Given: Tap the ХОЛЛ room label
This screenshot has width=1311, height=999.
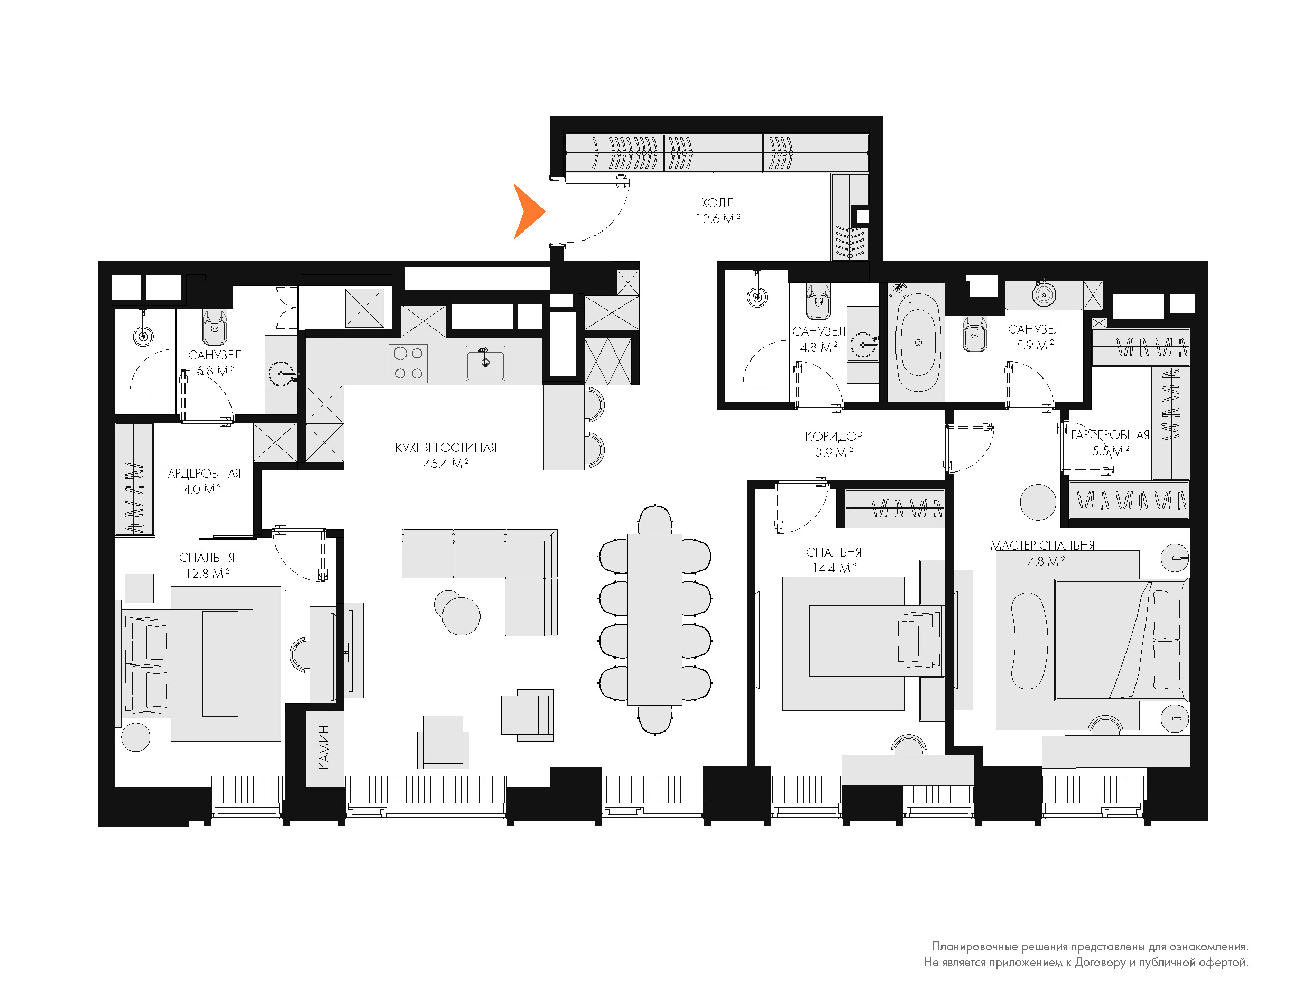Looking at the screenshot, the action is [x=718, y=203].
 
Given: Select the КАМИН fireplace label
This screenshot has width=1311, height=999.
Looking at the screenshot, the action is [x=324, y=747].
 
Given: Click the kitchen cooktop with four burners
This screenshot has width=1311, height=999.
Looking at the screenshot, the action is [x=408, y=363].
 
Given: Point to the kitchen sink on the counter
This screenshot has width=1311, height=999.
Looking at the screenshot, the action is [x=485, y=363].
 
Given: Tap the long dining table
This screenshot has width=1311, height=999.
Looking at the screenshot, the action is [x=654, y=619].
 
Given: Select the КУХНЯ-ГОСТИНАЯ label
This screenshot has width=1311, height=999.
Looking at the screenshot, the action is [x=446, y=448].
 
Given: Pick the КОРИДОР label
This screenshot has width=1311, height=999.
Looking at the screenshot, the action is [x=834, y=437].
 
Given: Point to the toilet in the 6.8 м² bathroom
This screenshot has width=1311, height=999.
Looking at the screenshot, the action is [x=215, y=327].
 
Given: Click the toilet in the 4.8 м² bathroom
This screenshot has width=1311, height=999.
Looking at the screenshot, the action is [x=818, y=301].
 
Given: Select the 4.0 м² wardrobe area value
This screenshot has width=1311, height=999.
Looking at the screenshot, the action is [x=202, y=489].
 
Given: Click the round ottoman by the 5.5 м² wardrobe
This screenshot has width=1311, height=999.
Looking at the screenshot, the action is [x=1038, y=503].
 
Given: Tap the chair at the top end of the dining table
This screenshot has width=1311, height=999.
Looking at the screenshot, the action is [x=654, y=520].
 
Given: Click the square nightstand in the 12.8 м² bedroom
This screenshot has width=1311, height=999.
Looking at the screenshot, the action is [x=139, y=588].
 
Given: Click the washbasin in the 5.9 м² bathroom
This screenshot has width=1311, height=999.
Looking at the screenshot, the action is [x=1044, y=294].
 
